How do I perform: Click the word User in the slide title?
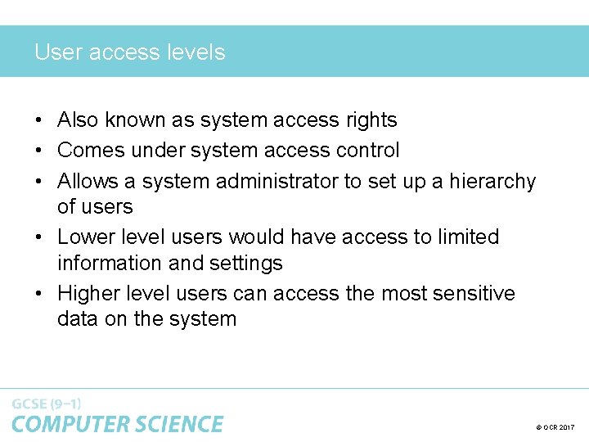tap(58, 52)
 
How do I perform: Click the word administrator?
tap(277, 181)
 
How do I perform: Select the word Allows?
tap(88, 181)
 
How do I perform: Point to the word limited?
tap(467, 237)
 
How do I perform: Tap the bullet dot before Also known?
tap(39, 120)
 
